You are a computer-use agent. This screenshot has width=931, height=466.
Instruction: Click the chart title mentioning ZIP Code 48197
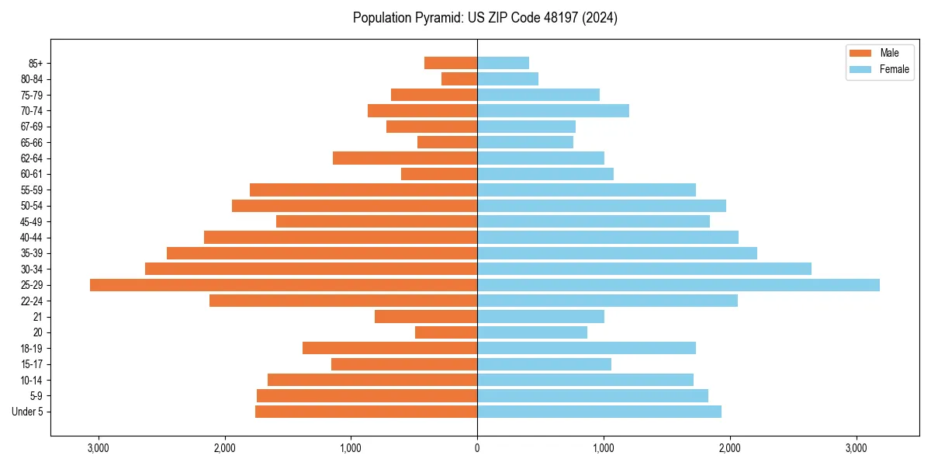tap(485, 18)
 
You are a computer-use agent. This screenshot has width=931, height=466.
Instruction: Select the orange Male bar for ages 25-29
tap(283, 285)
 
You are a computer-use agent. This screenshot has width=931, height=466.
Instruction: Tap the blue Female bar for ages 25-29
tap(678, 285)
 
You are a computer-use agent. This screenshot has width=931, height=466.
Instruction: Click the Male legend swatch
tap(861, 53)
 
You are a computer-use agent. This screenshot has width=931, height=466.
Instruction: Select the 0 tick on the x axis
tap(477, 449)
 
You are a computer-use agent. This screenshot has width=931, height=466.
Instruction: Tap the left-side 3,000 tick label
tap(99, 449)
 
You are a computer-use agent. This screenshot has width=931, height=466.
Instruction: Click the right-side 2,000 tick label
tap(729, 449)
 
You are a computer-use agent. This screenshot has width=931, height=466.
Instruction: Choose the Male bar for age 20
tap(446, 332)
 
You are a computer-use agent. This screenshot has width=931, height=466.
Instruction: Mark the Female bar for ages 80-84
tap(507, 79)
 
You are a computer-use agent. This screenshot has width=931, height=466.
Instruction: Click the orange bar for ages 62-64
tap(405, 158)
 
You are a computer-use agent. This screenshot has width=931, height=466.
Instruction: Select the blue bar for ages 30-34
tap(644, 269)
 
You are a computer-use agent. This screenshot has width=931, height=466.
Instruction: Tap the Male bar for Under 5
tap(366, 412)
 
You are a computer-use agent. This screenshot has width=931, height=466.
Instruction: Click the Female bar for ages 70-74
tap(552, 111)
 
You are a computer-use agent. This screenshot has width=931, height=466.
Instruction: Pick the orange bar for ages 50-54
tap(355, 206)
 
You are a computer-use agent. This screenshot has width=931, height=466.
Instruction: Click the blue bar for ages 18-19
tap(586, 348)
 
